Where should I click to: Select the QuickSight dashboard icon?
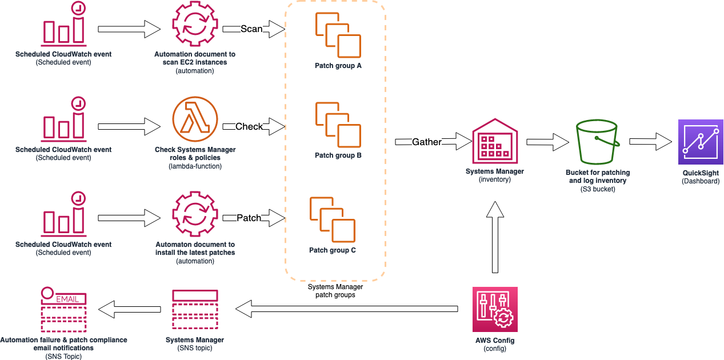point(700,142)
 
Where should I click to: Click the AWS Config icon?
point(495,309)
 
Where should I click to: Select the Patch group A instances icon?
point(338,35)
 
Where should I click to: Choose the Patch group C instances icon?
point(332,219)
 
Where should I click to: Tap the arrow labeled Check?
point(254,126)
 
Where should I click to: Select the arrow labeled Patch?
point(254,218)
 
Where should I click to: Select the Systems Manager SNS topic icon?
point(195,309)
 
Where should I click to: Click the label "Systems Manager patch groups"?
point(335,291)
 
